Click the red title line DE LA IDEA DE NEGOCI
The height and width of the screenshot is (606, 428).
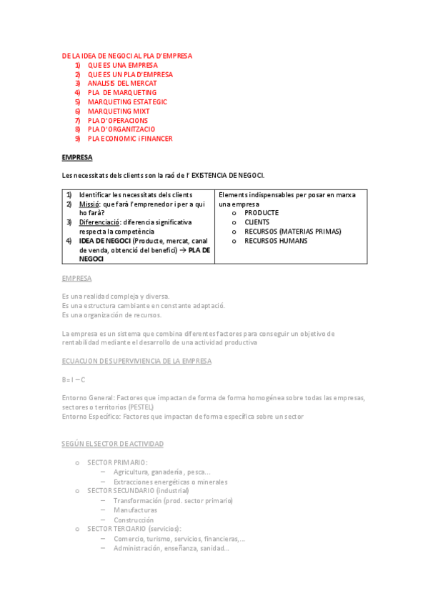click(127, 56)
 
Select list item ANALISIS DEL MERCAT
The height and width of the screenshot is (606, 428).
click(122, 84)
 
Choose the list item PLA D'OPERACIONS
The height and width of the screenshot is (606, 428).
click(118, 121)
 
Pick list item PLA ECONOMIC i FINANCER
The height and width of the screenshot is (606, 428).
click(130, 139)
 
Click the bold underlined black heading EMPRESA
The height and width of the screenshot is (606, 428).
click(77, 157)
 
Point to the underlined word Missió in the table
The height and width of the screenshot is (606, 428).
click(89, 204)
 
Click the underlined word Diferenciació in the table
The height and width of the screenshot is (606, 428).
click(99, 222)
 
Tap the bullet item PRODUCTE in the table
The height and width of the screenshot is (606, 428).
click(262, 213)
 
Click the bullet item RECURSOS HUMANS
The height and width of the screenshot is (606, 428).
click(276, 241)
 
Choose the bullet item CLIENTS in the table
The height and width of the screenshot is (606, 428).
click(257, 222)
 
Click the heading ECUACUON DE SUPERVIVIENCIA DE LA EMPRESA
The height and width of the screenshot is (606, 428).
click(136, 361)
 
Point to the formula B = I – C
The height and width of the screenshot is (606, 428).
click(74, 379)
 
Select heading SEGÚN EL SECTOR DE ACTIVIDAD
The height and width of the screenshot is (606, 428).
click(113, 444)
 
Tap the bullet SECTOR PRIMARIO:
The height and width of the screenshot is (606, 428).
click(117, 462)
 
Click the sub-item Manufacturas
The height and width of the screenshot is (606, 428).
click(135, 510)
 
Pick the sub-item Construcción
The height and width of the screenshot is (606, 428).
click(134, 520)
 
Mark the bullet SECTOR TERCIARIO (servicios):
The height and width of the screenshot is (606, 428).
click(134, 529)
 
